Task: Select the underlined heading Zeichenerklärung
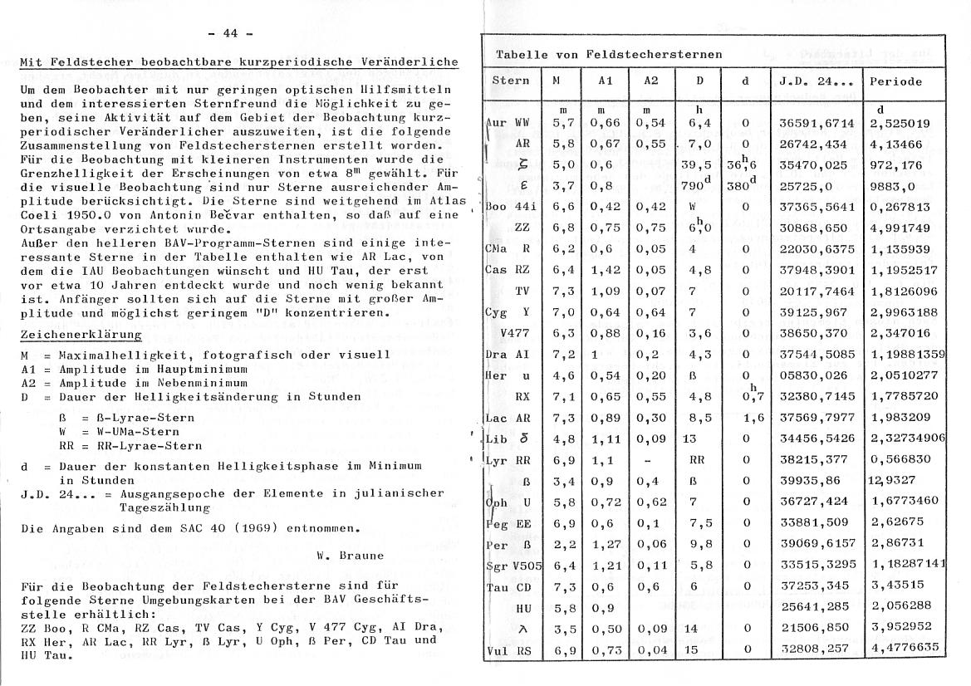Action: point(81,335)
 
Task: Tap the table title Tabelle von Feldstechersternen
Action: point(609,54)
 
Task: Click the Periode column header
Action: point(895,81)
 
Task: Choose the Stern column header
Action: point(510,81)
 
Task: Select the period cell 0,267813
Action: point(900,207)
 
